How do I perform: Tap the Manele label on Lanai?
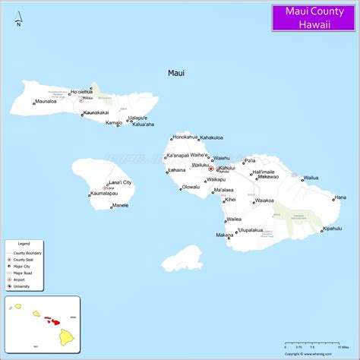119,205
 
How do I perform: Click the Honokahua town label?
185,137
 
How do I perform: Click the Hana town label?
339,197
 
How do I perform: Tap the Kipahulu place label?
332,228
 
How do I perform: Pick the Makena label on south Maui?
224,235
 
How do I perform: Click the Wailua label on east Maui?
311,178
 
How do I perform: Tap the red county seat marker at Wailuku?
210,169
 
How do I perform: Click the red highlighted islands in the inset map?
52,321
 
